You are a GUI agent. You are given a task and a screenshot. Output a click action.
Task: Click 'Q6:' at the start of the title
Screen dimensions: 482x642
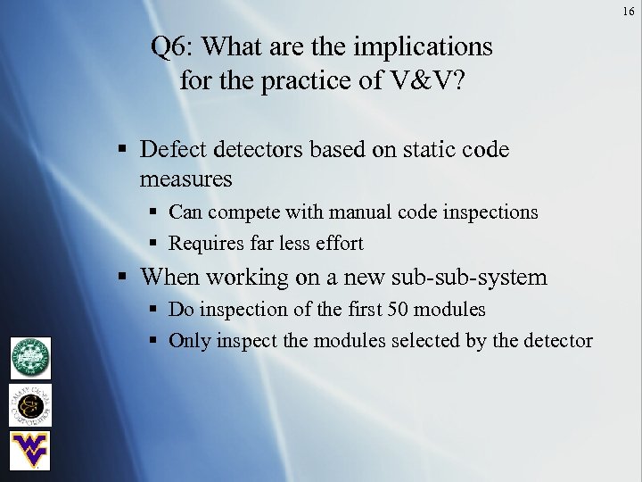[x=169, y=46]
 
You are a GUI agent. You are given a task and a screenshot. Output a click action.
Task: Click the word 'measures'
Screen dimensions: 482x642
[x=185, y=179]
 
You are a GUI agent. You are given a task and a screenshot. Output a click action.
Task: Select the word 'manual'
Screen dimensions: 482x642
[x=358, y=212]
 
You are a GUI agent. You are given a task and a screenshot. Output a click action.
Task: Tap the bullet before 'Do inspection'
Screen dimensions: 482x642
[x=153, y=310]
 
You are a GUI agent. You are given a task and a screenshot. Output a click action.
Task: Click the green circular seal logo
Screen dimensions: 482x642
[x=30, y=357]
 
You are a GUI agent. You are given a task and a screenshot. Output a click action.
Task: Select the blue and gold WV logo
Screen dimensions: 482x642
[x=30, y=450]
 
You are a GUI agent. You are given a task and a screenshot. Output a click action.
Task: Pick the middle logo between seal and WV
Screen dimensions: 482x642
[x=30, y=404]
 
